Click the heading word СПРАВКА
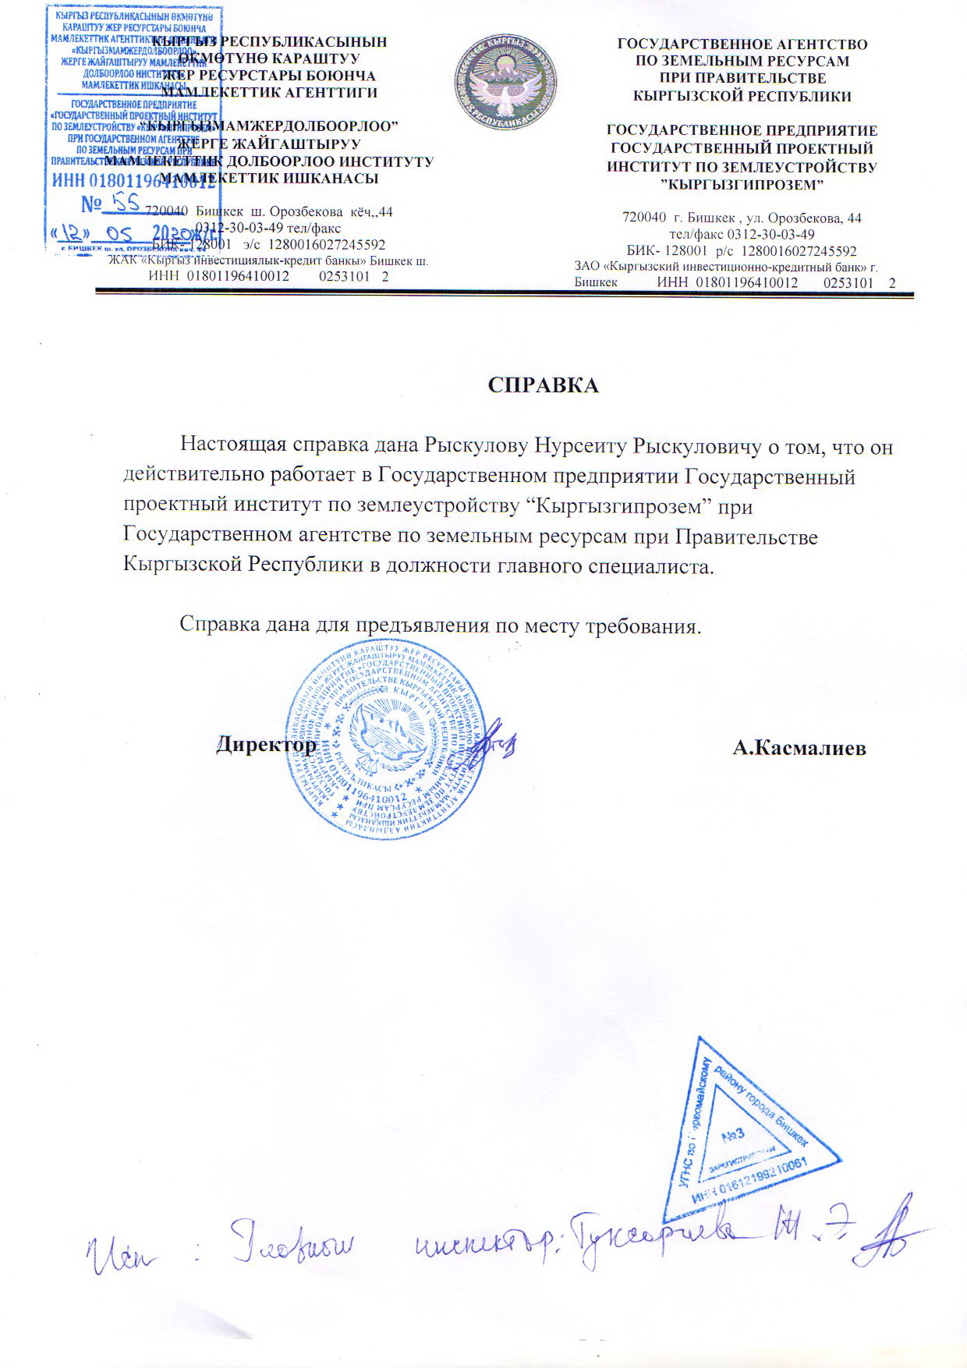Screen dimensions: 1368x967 point(543,385)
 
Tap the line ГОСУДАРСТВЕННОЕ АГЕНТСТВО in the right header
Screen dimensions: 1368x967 point(742,44)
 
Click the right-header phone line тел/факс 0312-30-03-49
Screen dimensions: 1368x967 point(742,235)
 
